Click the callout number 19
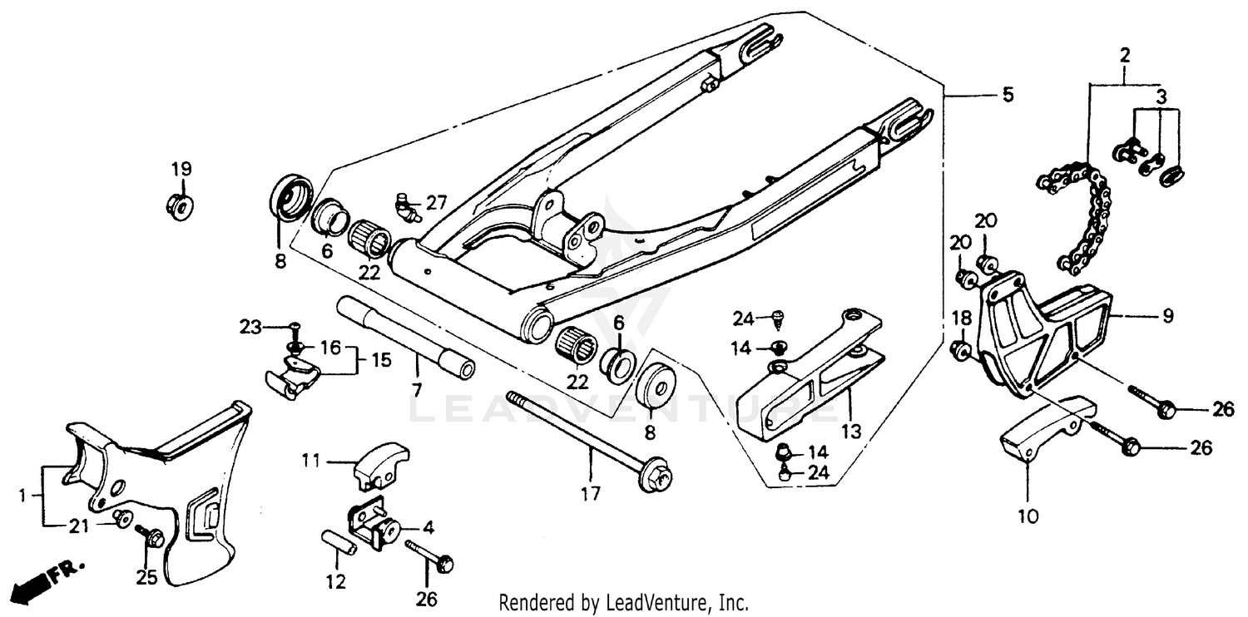click(x=181, y=169)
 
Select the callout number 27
click(x=437, y=202)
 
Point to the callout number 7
click(x=417, y=389)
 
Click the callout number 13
click(x=850, y=432)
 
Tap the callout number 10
click(x=1028, y=516)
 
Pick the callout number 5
click(x=1008, y=96)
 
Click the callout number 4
click(x=428, y=527)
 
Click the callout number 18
click(x=961, y=316)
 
